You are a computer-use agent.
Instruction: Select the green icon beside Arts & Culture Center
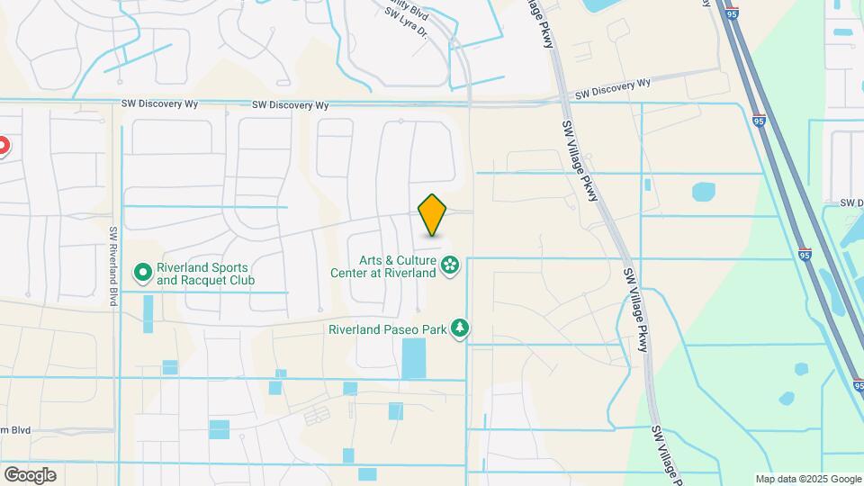click(450, 265)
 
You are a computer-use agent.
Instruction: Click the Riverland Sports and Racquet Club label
click(206, 274)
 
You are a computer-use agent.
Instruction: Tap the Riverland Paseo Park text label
click(388, 329)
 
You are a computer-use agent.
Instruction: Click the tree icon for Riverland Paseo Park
click(460, 328)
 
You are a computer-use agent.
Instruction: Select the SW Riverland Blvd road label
click(113, 265)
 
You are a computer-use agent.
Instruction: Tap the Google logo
click(30, 475)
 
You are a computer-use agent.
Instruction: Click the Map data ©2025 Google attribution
click(807, 479)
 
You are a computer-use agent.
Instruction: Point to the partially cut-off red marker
click(3, 146)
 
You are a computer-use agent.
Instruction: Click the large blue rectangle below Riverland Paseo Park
click(414, 358)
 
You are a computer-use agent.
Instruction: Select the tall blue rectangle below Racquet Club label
click(148, 314)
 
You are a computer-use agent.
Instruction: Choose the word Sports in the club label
click(229, 267)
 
